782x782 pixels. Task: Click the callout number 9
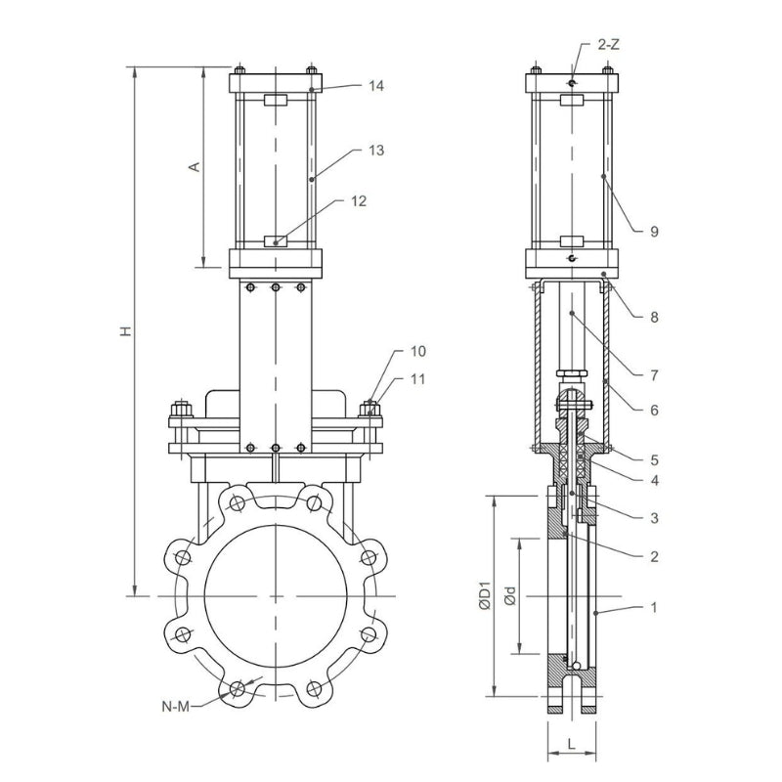coord(654,232)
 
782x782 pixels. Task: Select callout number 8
coord(654,317)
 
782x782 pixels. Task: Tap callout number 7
coord(654,373)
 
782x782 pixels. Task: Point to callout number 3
coord(654,516)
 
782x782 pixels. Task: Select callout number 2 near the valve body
coord(654,557)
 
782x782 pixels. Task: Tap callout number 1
coord(654,607)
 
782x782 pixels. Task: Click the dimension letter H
coord(125,332)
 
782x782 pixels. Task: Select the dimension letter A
coord(195,167)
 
